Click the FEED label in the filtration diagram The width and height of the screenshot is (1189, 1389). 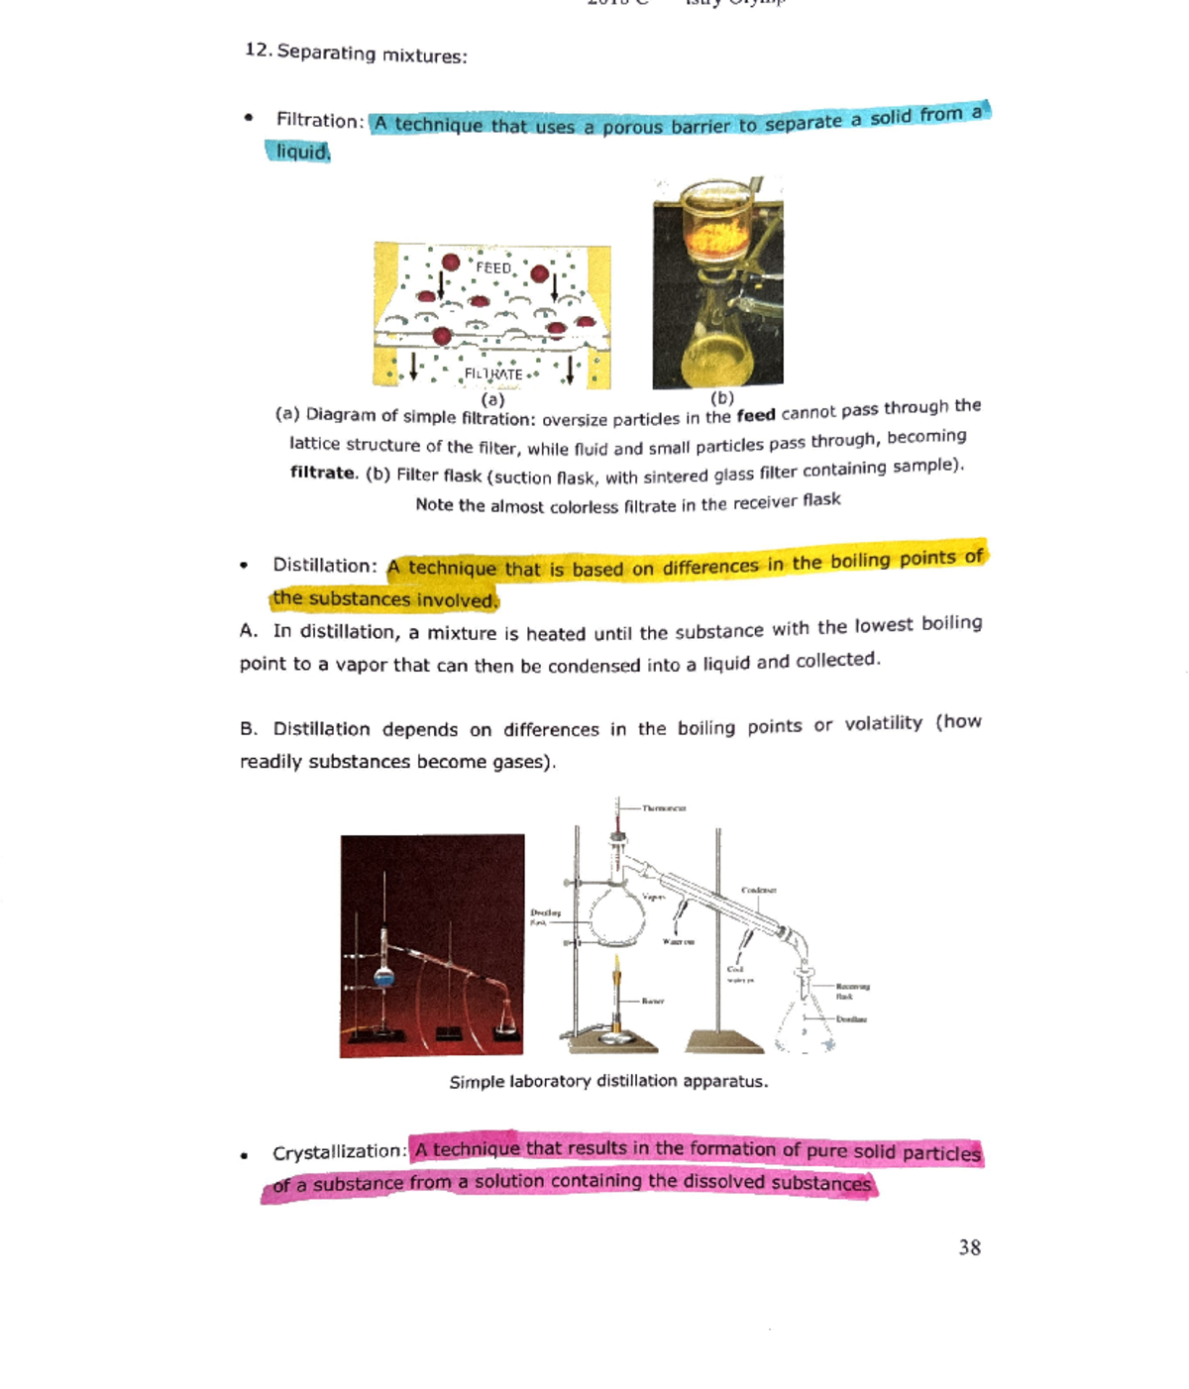(x=493, y=267)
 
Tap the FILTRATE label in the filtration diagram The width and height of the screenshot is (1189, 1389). (x=493, y=374)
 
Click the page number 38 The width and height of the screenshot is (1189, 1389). (x=969, y=1247)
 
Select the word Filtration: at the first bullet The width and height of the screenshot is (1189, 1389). (x=320, y=120)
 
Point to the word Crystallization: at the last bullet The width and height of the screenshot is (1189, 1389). (x=339, y=1152)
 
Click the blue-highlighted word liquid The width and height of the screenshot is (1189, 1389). (x=301, y=152)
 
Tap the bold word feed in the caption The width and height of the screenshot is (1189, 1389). (x=755, y=415)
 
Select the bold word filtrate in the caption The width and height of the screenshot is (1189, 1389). (x=322, y=473)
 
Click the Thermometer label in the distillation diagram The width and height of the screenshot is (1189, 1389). (x=663, y=808)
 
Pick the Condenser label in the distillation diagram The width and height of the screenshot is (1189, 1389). (x=758, y=890)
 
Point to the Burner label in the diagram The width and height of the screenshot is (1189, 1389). (x=652, y=1001)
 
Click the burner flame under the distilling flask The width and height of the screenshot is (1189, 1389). (x=617, y=976)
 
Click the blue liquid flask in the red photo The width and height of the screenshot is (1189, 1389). (x=384, y=977)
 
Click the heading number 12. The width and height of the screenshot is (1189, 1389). (x=258, y=50)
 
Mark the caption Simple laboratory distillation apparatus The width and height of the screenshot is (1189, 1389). (x=608, y=1081)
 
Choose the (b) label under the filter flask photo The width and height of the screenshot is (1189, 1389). (x=722, y=397)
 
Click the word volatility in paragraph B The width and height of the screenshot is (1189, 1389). (x=883, y=723)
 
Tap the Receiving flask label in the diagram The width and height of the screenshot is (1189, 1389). (x=851, y=991)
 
